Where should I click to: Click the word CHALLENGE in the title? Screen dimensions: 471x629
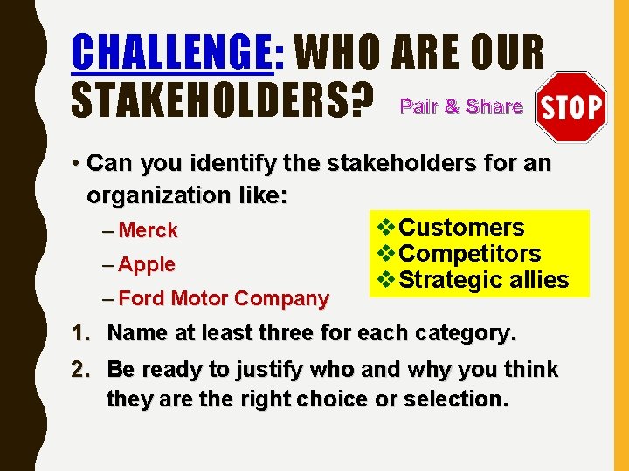pyautogui.click(x=171, y=52)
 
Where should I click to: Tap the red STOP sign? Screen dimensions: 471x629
pyautogui.click(x=571, y=107)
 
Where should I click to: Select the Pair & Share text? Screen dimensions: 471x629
pyautogui.click(x=460, y=107)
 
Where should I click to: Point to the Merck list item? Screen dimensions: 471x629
pyautogui.click(x=148, y=231)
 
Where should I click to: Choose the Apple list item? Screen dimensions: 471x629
pyautogui.click(x=147, y=264)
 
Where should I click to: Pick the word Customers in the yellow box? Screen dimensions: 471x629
pyautogui.click(x=461, y=228)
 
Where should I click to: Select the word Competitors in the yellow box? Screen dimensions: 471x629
pyautogui.click(x=469, y=254)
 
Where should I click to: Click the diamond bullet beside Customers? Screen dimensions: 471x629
pyautogui.click(x=385, y=228)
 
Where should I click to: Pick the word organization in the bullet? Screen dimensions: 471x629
pyautogui.click(x=157, y=195)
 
